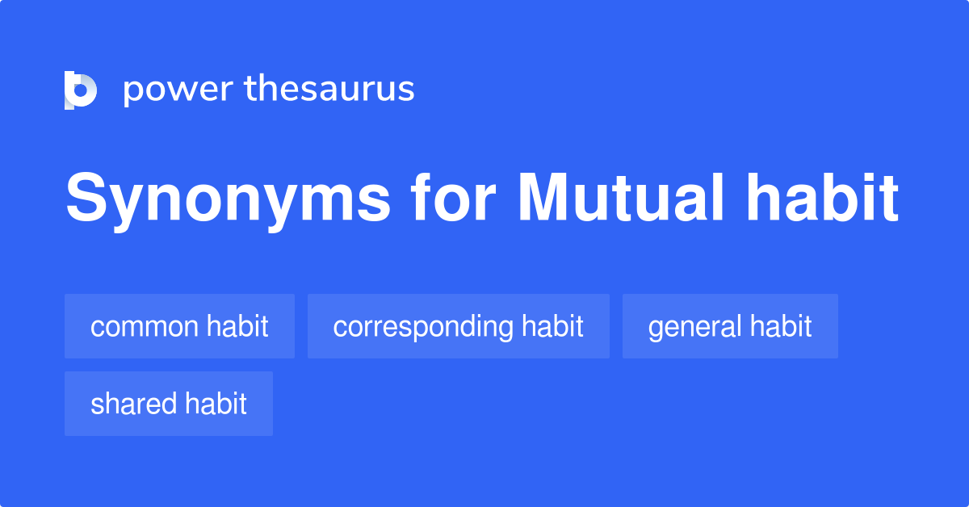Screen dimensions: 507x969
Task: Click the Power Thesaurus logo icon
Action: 81,90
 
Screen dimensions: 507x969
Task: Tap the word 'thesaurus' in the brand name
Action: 329,90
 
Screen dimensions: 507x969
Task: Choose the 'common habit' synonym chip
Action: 179,326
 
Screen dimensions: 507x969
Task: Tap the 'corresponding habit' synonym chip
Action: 458,326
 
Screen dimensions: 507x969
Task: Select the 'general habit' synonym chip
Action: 730,326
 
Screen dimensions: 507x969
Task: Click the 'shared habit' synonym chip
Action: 168,404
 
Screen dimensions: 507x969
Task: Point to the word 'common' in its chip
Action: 145,327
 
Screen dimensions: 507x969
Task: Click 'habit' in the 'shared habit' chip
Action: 216,404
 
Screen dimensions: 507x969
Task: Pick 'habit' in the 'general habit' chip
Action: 781,326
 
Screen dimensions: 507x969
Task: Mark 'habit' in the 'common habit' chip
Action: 237,326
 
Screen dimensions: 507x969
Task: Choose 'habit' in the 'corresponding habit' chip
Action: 552,326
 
